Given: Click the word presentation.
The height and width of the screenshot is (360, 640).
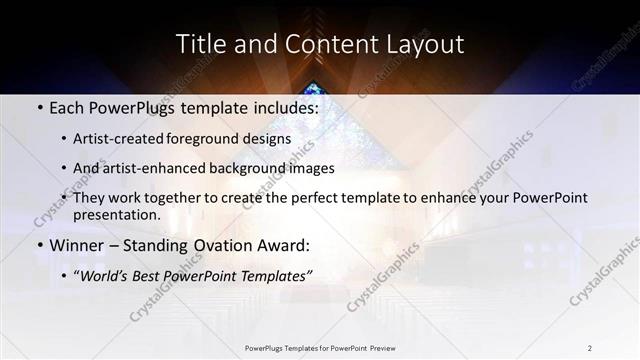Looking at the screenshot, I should [116, 215].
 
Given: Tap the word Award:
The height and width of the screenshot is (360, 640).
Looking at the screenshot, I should [284, 245].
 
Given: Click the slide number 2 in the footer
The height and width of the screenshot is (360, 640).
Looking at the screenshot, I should [589, 347].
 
